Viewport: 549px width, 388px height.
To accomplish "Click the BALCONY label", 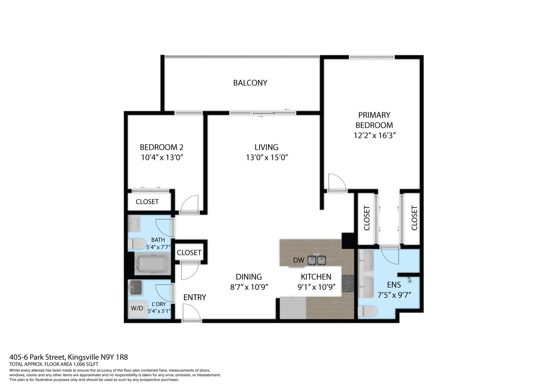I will coord(250,83).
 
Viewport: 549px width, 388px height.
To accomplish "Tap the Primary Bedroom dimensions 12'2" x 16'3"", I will coord(374,136).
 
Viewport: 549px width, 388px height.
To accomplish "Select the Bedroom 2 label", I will coord(161,147).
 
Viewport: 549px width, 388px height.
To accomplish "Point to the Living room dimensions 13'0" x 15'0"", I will coord(267,158).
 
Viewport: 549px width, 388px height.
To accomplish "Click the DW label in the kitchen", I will coord(299,260).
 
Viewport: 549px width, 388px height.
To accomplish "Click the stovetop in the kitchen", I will coord(348,283).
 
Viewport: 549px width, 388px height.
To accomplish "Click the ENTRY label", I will coord(195,297).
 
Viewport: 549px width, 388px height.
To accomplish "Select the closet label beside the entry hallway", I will coord(189,253).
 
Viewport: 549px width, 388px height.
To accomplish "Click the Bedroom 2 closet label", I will coord(147,202).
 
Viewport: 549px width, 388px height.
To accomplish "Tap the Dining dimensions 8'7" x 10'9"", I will coord(249,287).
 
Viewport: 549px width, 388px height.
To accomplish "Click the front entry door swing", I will coord(191,312).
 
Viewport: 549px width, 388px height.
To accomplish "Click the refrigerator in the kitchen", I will coord(293,308).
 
